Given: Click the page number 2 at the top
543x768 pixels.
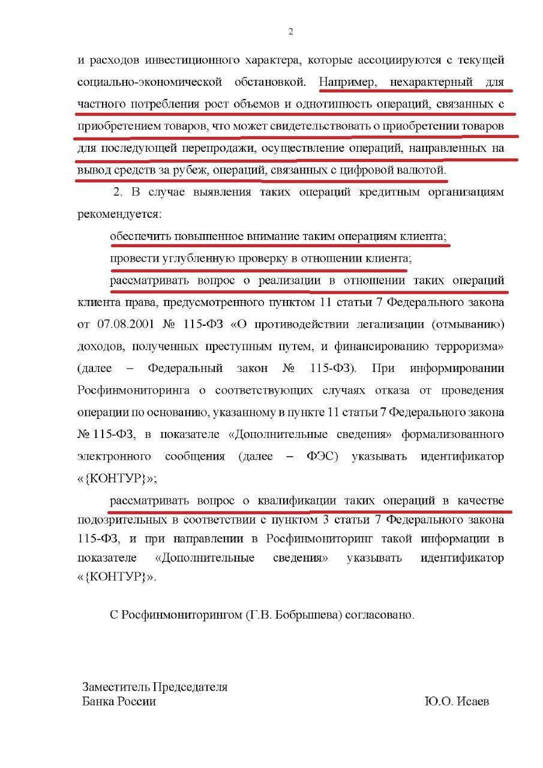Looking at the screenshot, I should click(290, 32).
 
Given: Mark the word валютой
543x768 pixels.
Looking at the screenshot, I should click(424, 170).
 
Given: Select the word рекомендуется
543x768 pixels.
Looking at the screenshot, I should click(118, 214).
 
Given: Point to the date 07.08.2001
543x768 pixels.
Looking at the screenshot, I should click(126, 324).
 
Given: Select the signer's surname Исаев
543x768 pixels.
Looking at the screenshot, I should click(473, 701).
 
